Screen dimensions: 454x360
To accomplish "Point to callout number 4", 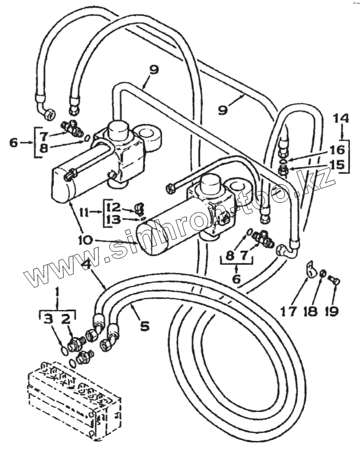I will tap(86, 265).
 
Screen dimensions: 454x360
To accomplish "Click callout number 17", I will tap(289, 311).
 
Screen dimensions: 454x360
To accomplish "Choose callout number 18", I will tap(310, 311).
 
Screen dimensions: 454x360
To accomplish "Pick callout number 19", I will tap(331, 311).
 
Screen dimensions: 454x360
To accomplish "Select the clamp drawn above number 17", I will tap(309, 268).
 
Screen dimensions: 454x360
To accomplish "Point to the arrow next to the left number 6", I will tap(27, 143).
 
